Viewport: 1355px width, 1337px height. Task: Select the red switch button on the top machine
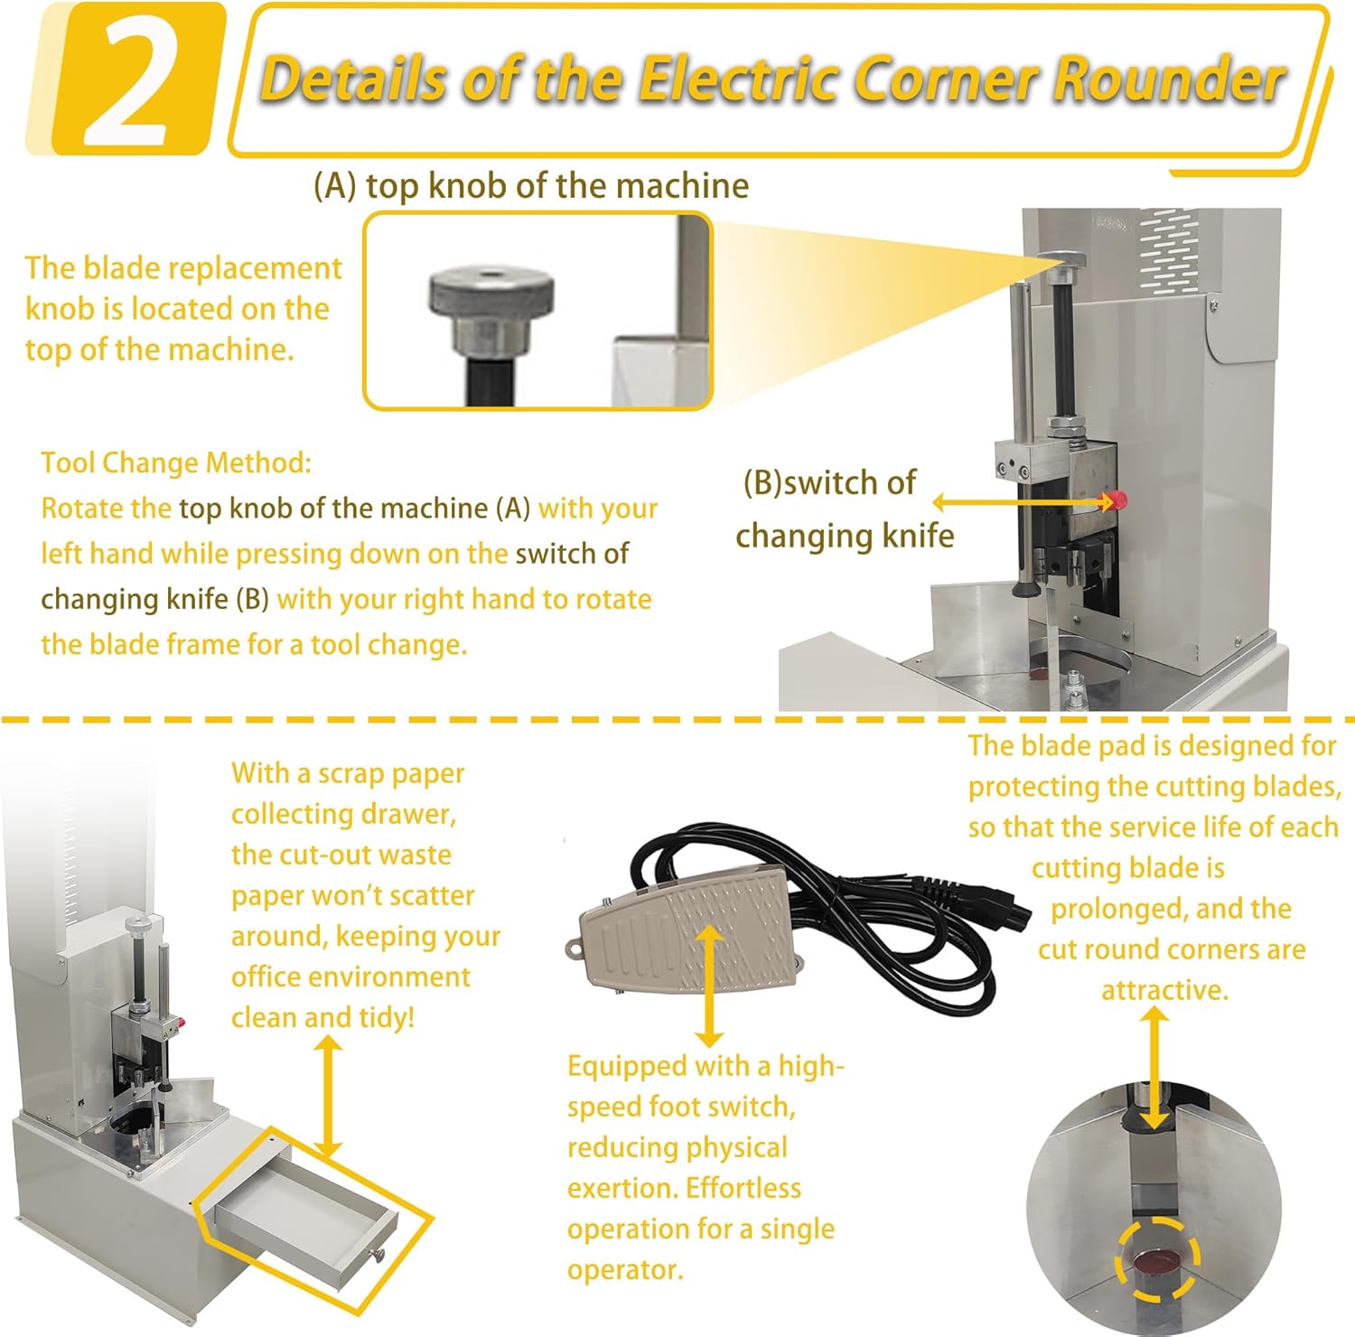click(x=1118, y=500)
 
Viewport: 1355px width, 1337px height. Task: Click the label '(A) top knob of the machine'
click(x=531, y=186)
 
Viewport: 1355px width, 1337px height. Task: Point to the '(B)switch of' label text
click(x=829, y=483)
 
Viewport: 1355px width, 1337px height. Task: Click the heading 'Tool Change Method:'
click(x=176, y=463)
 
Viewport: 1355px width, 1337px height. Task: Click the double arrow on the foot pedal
click(x=710, y=985)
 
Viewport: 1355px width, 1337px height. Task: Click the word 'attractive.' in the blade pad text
click(x=1164, y=990)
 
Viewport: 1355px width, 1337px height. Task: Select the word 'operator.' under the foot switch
click(x=625, y=1269)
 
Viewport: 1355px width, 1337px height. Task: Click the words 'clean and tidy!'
click(x=322, y=1017)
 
